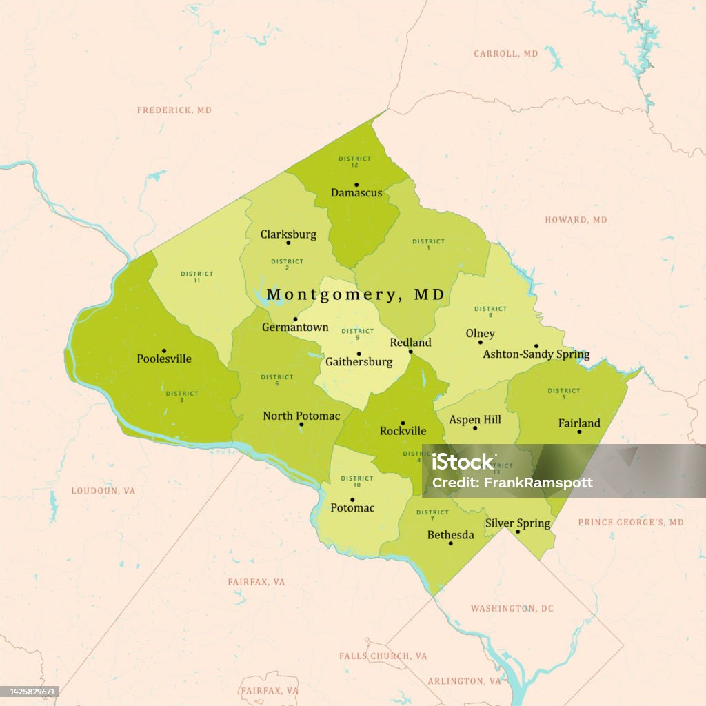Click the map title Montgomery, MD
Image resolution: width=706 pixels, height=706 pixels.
356,295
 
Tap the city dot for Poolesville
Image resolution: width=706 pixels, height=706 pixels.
164,351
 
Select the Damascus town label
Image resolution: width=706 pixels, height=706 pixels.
356,193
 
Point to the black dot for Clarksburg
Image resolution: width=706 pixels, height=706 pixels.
288,243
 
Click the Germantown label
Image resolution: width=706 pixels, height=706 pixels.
295,327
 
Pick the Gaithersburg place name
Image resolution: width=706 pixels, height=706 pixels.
359,362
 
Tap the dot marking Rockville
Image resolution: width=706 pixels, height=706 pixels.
403,423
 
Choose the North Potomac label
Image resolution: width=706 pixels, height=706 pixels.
301,416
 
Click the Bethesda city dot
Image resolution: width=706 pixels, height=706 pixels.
451,543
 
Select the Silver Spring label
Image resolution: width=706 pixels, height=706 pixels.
518,523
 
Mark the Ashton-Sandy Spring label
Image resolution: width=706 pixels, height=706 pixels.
536,354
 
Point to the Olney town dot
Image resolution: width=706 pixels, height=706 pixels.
481,342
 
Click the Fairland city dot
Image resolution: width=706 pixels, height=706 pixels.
579,432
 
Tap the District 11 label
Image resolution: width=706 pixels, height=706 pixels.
197,277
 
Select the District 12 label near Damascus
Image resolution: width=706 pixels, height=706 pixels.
355,161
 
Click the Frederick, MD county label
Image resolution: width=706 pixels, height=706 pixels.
174,110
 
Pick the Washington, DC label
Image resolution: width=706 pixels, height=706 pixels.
512,609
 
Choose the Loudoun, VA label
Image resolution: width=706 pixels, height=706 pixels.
103,491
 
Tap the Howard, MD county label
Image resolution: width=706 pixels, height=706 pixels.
576,220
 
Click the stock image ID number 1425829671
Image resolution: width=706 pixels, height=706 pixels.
30,691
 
